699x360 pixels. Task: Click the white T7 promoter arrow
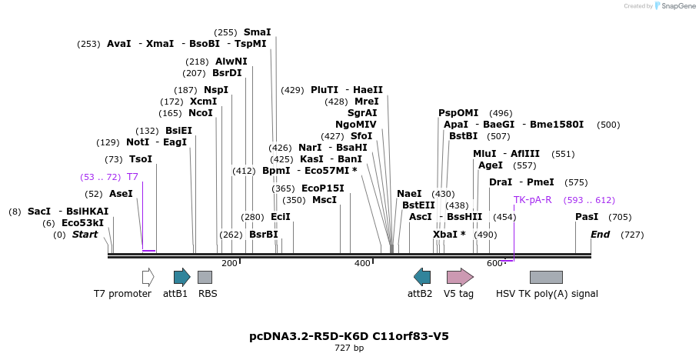point(148,277)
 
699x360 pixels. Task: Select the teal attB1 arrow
point(181,277)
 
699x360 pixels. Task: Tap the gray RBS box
point(205,277)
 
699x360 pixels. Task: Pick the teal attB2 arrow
point(422,277)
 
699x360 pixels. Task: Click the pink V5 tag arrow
point(460,277)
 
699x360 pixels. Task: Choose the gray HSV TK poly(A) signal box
point(546,277)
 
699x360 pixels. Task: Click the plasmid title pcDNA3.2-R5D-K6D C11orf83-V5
point(349,336)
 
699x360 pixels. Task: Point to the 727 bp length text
point(349,348)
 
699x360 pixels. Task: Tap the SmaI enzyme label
point(257,32)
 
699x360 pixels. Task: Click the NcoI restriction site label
point(201,113)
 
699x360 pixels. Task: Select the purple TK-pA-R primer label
point(533,200)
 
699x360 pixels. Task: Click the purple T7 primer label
point(132,177)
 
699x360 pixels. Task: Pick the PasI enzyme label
point(587,217)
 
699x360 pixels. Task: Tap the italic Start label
point(85,235)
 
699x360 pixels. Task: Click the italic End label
point(600,235)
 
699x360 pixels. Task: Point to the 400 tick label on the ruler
point(362,264)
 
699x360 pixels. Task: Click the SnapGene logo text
point(676,6)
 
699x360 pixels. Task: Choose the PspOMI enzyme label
point(458,113)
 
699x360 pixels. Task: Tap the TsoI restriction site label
point(141,159)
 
